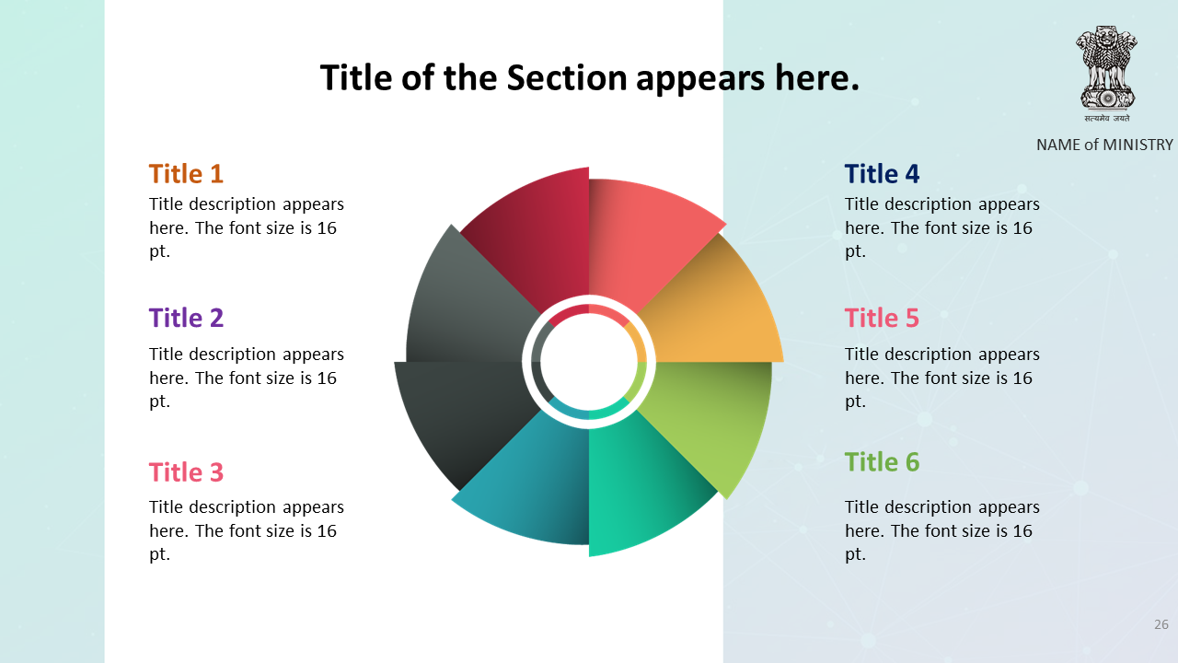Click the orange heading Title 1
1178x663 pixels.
coord(186,174)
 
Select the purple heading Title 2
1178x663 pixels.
coord(186,318)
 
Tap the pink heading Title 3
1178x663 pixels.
coord(186,472)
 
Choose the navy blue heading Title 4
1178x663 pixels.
coord(882,174)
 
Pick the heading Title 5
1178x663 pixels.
coord(882,318)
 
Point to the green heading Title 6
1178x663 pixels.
coord(882,462)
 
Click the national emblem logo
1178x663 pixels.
coord(1106,67)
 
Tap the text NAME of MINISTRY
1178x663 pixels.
coord(1104,145)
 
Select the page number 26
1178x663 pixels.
coord(1161,624)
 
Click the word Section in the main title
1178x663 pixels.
coord(566,78)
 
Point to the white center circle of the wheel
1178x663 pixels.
coord(589,362)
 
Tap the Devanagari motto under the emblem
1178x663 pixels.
coord(1106,119)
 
